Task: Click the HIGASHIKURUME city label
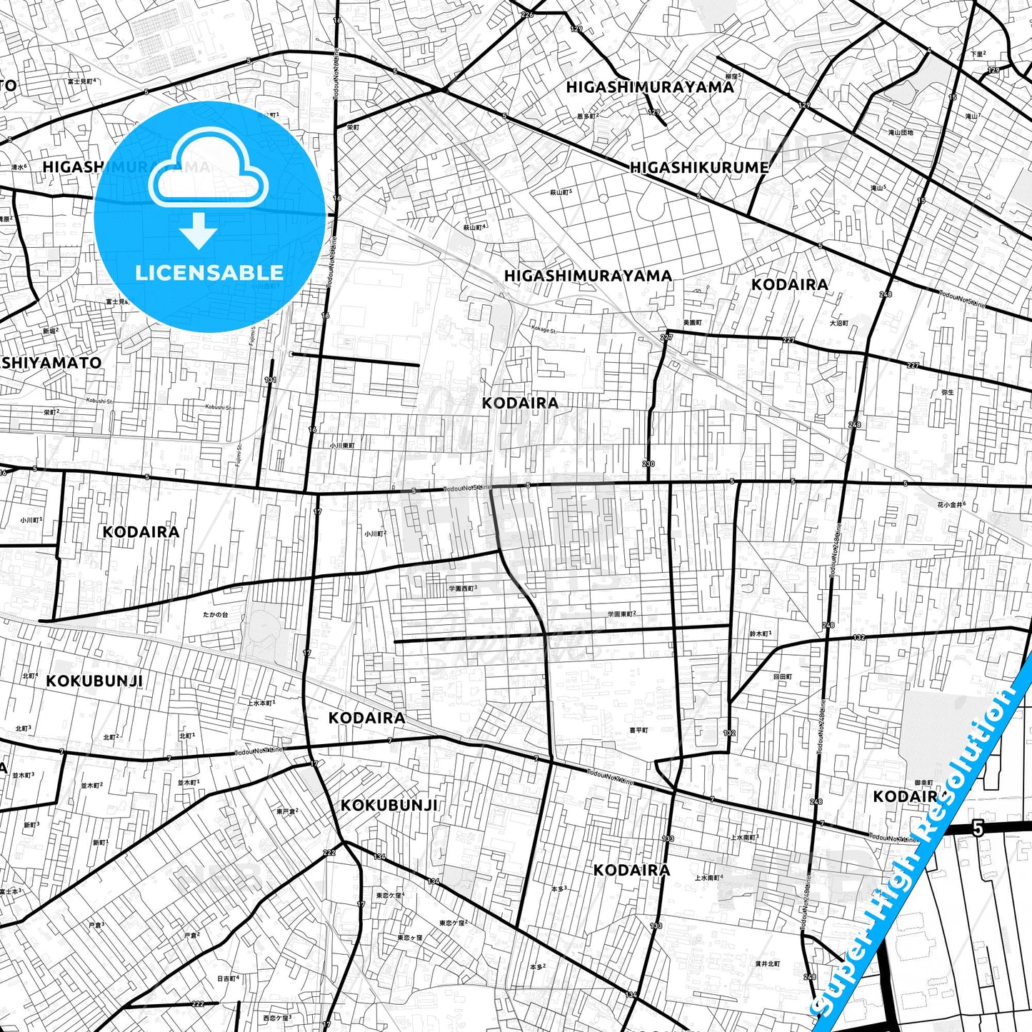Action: pos(699,168)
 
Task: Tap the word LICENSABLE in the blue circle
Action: pos(209,273)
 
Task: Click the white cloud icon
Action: pos(208,171)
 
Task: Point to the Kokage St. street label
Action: pos(543,329)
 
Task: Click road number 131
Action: pos(270,380)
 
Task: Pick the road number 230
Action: pos(648,464)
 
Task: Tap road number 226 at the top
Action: pos(527,14)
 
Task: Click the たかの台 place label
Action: pos(215,614)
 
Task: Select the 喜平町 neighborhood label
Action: pos(638,731)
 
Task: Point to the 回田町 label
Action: pos(782,676)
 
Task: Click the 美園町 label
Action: pos(692,323)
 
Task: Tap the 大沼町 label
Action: pos(839,324)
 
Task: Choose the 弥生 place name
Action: pos(948,392)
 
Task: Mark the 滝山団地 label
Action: pos(900,132)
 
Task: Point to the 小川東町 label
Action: pos(342,445)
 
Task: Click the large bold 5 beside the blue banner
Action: pos(978,829)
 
